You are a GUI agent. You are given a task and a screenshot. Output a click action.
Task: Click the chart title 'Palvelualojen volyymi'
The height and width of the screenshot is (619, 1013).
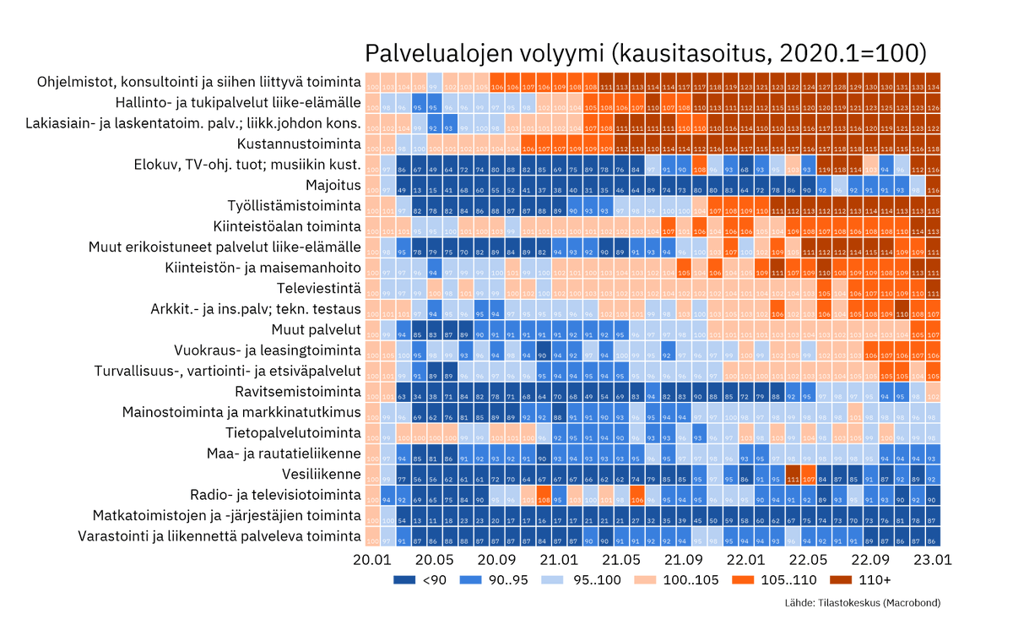click(645, 52)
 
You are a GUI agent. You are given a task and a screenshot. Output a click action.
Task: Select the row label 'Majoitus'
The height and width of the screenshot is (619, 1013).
click(333, 185)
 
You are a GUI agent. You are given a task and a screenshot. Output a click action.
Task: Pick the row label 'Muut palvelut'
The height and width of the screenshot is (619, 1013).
click(316, 329)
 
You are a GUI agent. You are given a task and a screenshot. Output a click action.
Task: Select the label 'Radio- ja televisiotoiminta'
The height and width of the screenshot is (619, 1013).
click(275, 495)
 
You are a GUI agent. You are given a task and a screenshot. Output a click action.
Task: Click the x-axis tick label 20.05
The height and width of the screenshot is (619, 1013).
click(434, 560)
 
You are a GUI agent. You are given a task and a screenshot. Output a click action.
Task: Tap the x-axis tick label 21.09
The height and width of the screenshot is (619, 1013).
click(683, 560)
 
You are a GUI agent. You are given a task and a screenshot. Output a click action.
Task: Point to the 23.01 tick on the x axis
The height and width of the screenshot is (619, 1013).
click(932, 560)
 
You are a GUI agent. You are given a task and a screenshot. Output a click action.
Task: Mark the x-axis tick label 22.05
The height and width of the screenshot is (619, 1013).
click(808, 560)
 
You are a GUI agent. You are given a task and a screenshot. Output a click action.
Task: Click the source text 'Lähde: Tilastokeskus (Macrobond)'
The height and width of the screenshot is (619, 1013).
click(862, 603)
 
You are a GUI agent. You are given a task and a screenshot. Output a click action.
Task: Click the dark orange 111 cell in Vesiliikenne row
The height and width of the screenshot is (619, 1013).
click(793, 475)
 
